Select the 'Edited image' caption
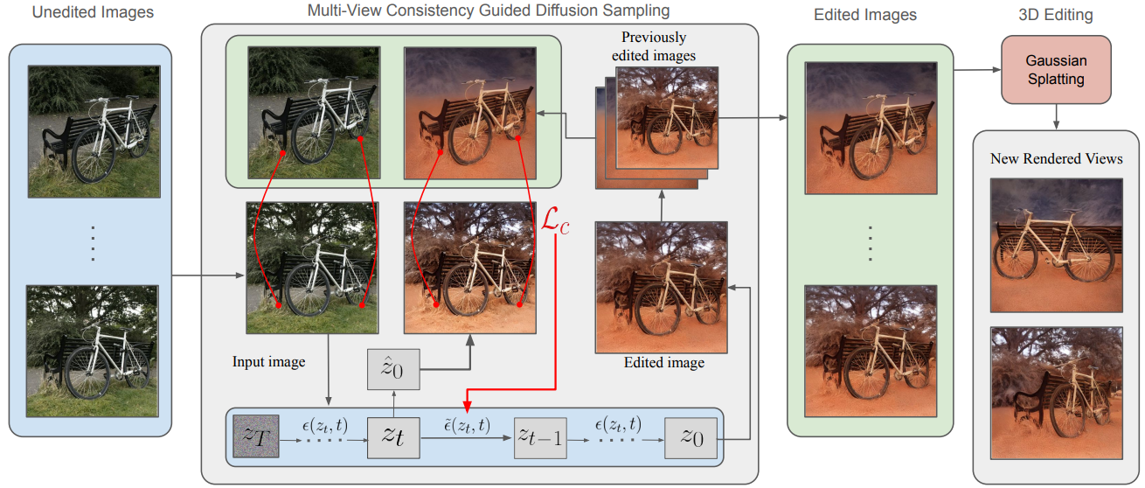pos(663,362)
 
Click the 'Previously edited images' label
pos(654,46)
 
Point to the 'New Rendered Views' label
pos(1056,158)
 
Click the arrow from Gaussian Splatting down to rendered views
pos(1056,115)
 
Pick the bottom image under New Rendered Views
pos(1056,391)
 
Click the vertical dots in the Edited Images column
pos(870,242)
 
